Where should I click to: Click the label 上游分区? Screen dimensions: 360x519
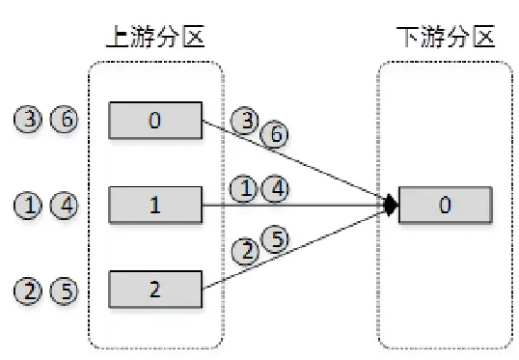click(155, 38)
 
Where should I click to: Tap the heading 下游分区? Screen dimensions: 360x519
click(445, 38)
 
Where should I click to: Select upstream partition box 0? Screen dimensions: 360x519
click(154, 121)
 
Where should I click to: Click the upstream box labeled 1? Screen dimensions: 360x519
click(154, 205)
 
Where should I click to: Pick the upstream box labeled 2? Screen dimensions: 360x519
click(154, 288)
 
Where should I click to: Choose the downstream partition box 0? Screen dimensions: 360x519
click(445, 205)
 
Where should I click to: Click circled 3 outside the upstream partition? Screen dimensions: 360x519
click(28, 121)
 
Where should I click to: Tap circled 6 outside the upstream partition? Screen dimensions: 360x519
click(63, 121)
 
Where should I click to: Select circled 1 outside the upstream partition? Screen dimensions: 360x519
click(28, 205)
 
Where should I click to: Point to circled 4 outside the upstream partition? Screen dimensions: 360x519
click(63, 205)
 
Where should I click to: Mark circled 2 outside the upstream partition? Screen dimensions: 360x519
click(28, 288)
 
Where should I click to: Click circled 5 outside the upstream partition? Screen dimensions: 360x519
click(63, 288)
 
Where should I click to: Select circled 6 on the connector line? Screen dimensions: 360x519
click(273, 136)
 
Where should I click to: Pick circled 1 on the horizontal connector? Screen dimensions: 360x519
click(247, 190)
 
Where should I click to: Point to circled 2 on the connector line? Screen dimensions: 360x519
click(247, 253)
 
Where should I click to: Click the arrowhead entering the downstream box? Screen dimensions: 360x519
click(389, 205)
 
